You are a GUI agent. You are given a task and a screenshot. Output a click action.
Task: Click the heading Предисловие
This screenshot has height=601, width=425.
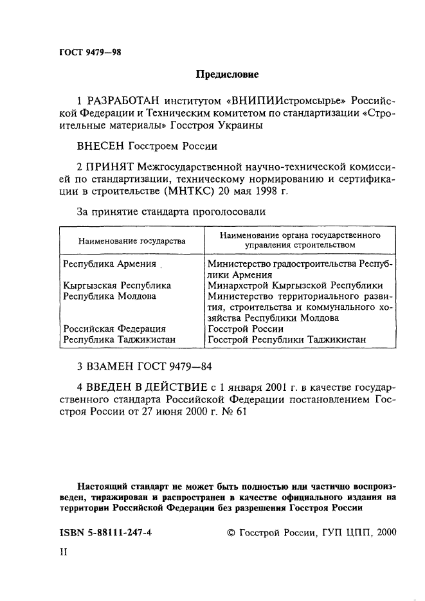227,75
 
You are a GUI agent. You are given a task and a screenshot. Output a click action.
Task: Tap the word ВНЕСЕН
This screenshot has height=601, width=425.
102,146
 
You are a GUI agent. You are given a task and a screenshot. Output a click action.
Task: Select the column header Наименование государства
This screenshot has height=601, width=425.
132,241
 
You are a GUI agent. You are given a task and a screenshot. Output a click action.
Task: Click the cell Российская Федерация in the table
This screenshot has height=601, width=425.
114,328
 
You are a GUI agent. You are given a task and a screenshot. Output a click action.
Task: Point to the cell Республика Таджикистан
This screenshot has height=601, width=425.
120,339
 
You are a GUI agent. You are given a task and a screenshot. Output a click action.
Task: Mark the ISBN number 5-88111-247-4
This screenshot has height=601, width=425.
114,532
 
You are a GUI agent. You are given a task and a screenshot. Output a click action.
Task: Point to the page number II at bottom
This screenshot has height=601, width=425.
63,551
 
